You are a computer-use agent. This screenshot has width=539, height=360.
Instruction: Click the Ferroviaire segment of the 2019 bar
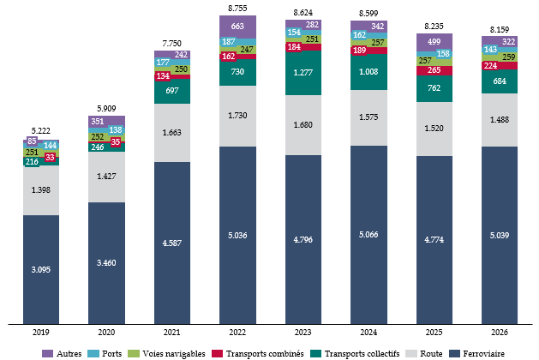[x=41, y=270]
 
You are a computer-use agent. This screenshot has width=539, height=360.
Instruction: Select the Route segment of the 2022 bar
[x=238, y=116]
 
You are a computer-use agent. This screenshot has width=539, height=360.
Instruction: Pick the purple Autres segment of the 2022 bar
[x=238, y=26]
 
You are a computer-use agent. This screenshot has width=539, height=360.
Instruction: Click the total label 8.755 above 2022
[x=238, y=8]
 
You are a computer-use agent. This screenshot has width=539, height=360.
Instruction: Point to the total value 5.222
[x=41, y=130]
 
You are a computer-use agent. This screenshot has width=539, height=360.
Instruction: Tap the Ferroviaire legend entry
[x=482, y=353]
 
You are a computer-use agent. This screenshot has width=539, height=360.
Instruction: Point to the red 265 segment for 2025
[x=434, y=69]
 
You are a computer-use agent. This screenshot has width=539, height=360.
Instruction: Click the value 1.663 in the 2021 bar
[x=172, y=134]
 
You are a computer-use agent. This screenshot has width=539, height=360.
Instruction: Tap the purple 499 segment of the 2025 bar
[x=434, y=40]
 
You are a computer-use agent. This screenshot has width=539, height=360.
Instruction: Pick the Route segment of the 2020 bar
[x=107, y=177]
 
